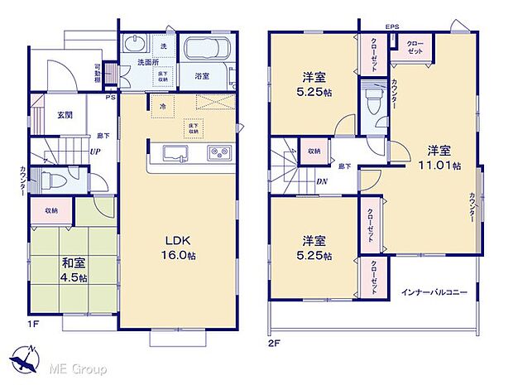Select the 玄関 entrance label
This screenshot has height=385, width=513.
pyautogui.click(x=56, y=116)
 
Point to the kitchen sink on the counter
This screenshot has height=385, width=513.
pyautogui.click(x=175, y=154)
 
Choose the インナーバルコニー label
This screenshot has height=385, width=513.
pyautogui.click(x=434, y=292)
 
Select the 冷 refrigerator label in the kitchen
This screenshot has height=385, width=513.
pyautogui.click(x=163, y=107)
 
